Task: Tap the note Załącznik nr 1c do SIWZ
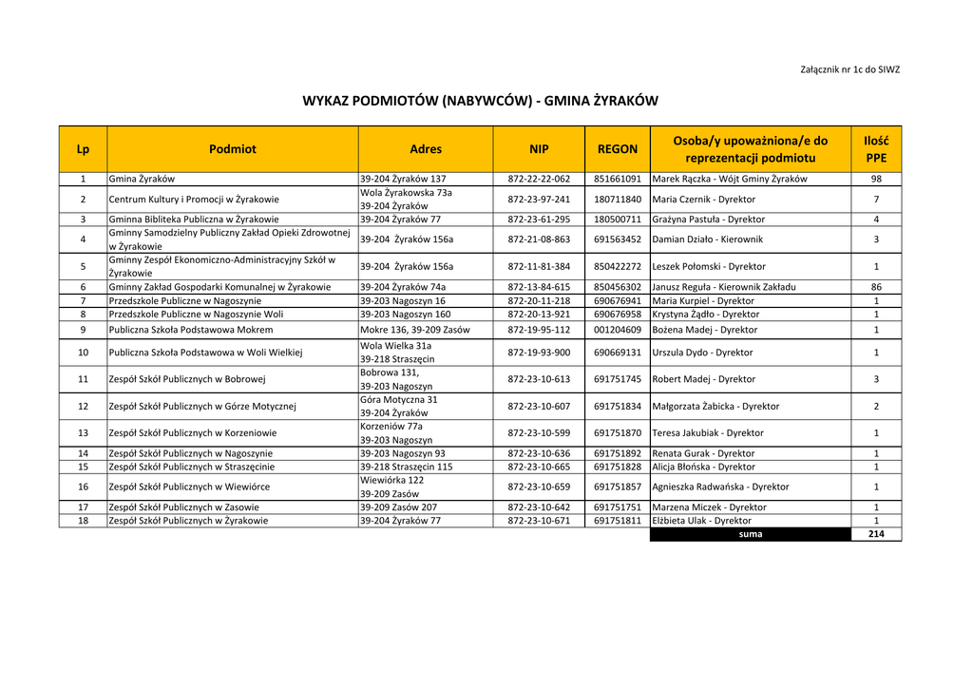click(x=850, y=69)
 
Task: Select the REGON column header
click(x=617, y=149)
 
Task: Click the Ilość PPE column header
click(x=875, y=149)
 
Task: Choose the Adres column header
click(x=426, y=149)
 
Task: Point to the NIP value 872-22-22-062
click(x=539, y=179)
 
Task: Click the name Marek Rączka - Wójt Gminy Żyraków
click(x=729, y=179)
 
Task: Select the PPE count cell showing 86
click(x=875, y=287)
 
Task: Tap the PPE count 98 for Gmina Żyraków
click(x=875, y=179)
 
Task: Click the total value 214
click(x=875, y=534)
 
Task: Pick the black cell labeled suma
click(x=750, y=534)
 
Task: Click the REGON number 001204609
click(x=618, y=330)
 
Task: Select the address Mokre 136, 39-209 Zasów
click(x=414, y=330)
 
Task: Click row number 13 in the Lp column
click(x=83, y=433)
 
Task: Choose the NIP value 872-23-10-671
click(x=539, y=521)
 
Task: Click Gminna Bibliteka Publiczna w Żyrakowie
click(x=194, y=220)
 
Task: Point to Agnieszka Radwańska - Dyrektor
click(x=720, y=487)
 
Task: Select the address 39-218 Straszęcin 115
click(x=406, y=468)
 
